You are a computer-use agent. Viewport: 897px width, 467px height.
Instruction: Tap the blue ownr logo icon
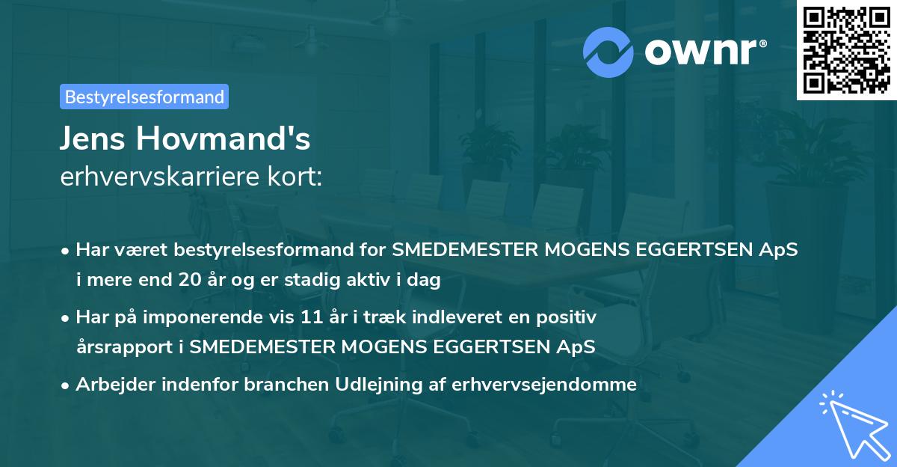click(608, 52)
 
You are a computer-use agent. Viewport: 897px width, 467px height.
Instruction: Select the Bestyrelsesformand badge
click(144, 97)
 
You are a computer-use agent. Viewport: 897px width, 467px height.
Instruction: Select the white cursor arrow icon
click(853, 424)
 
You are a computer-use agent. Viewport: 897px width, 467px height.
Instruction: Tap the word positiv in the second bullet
click(570, 317)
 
